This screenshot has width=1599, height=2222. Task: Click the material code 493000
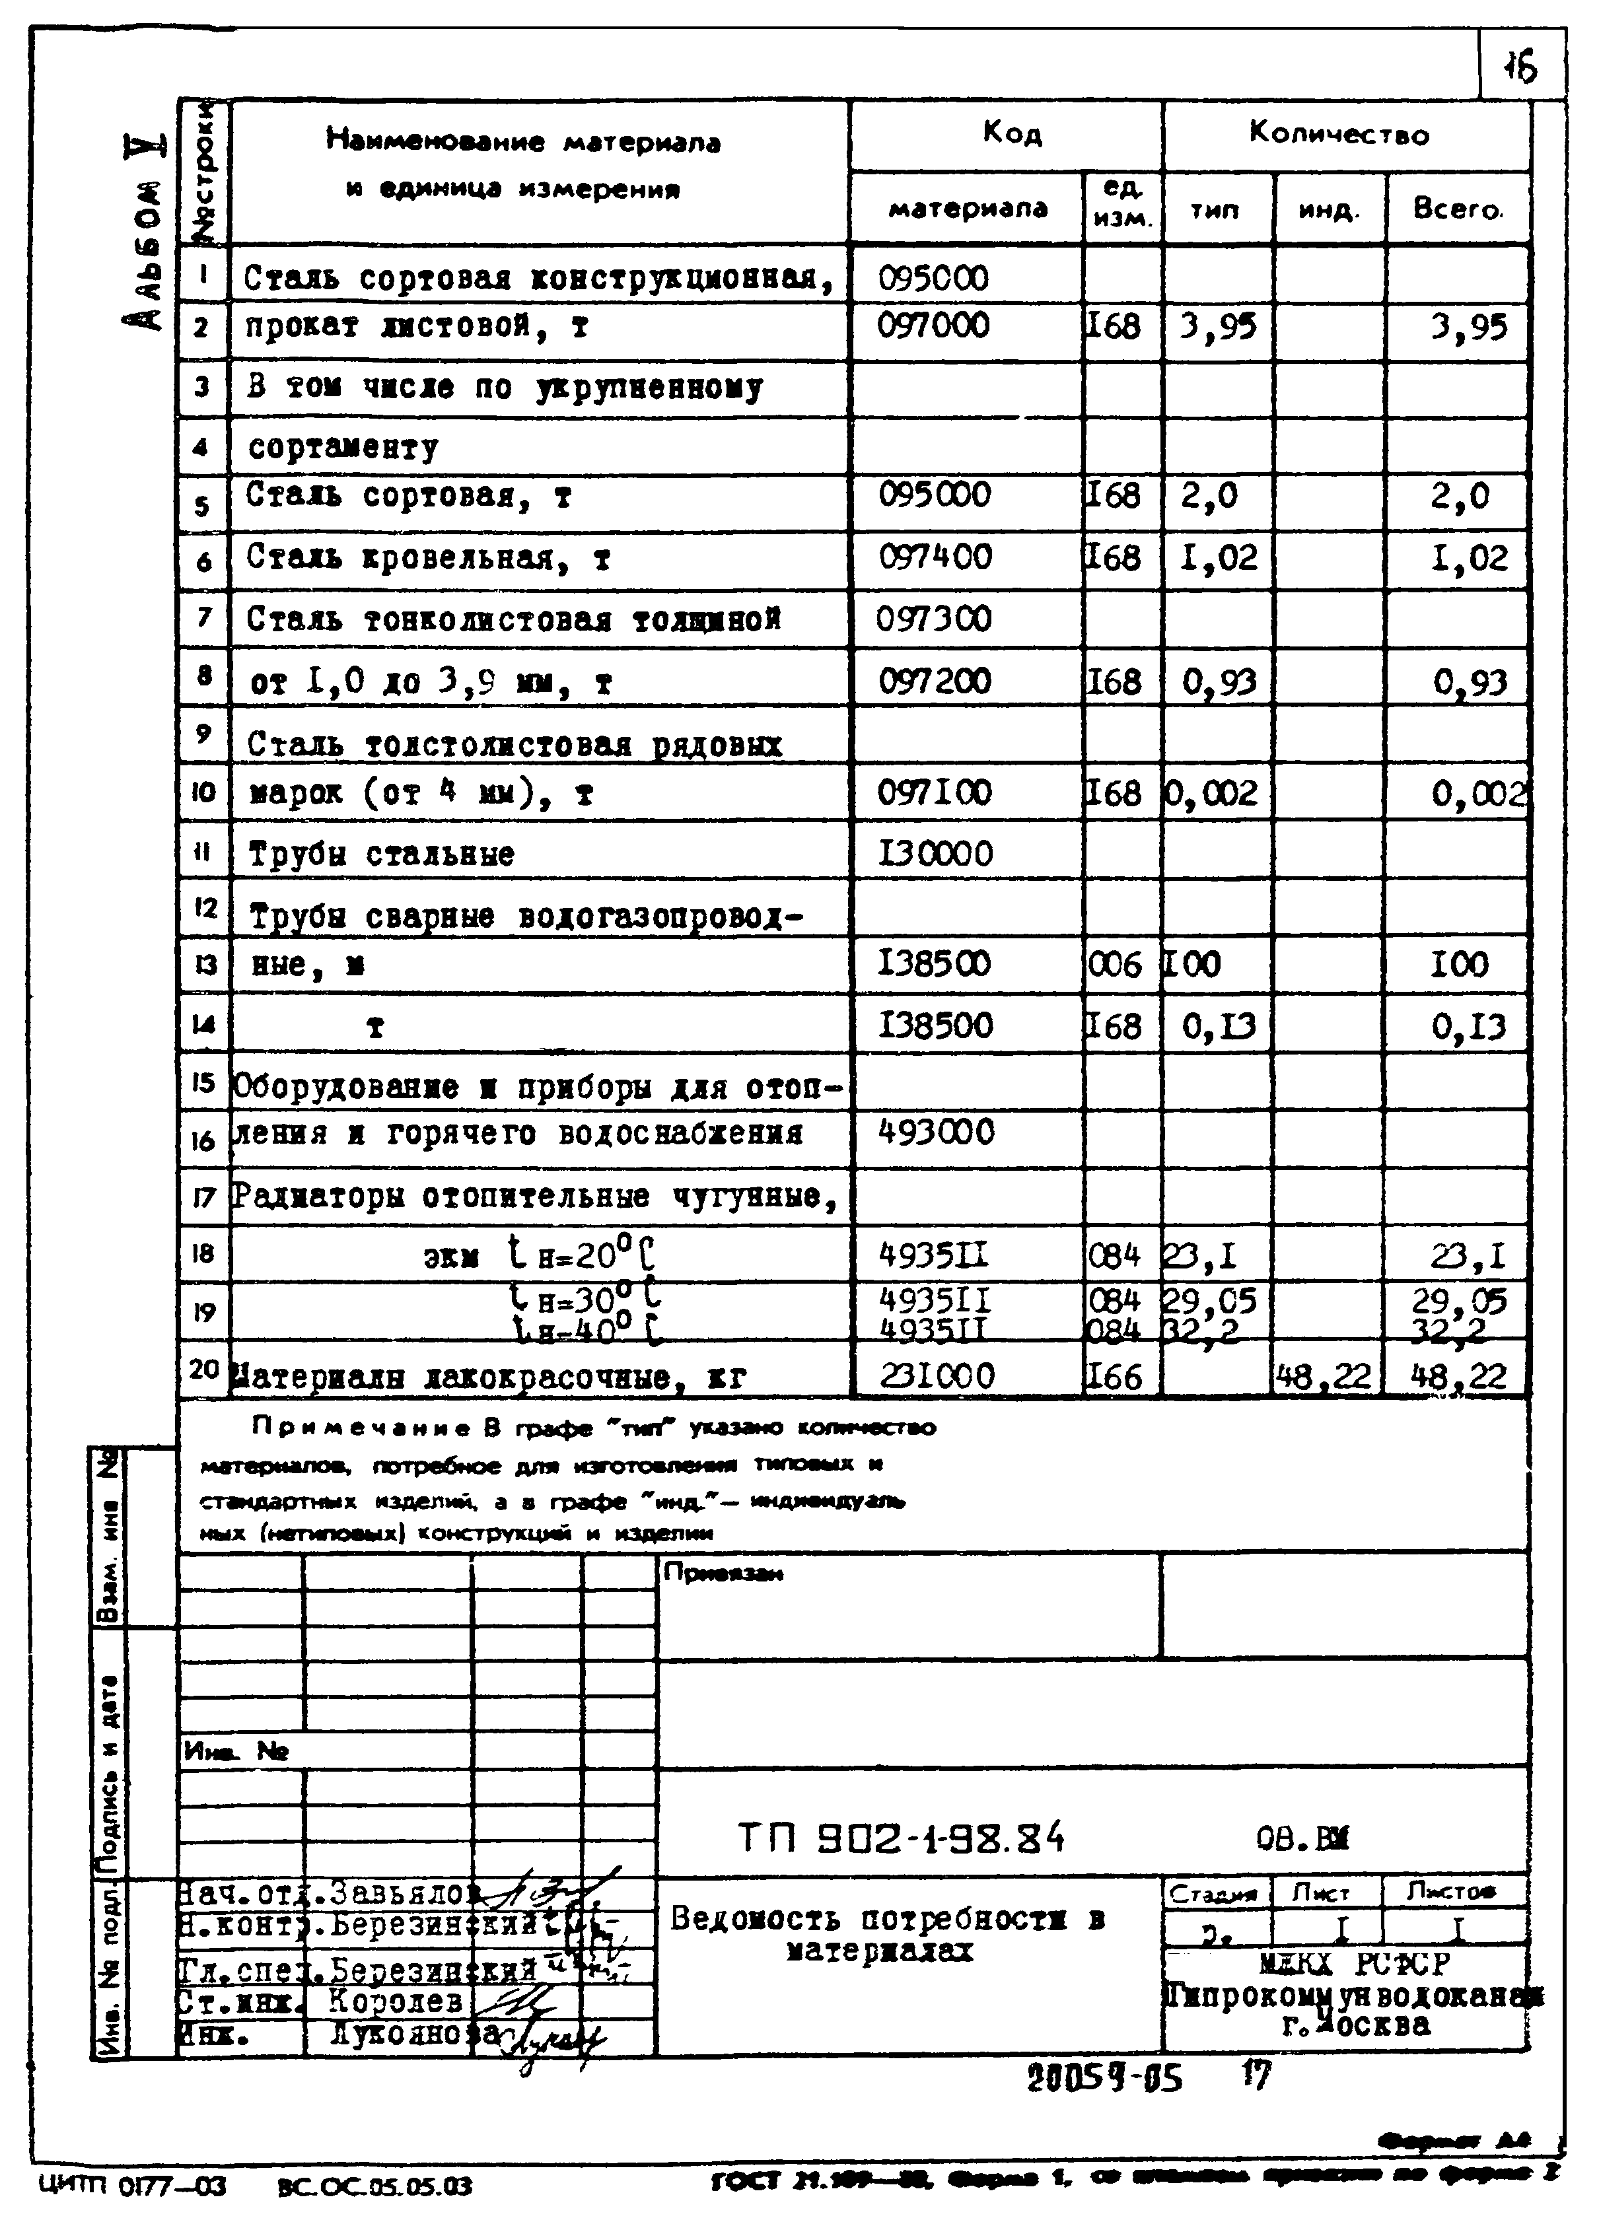coord(936,1132)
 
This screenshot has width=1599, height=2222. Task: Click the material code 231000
coord(936,1375)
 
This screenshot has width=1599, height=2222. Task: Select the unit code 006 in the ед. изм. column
coord(1115,965)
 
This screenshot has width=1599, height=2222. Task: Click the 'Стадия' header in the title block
coord(1214,1892)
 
